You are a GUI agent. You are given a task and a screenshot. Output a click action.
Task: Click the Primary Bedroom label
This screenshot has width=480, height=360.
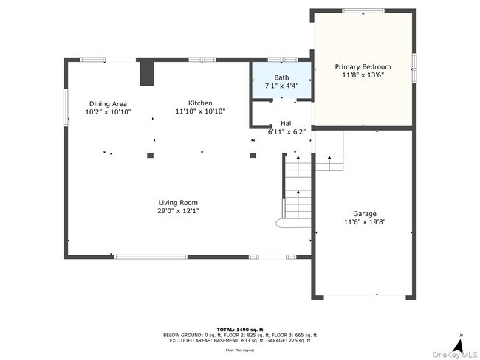(x=362, y=66)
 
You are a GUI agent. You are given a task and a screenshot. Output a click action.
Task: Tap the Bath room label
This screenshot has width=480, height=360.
(x=281, y=77)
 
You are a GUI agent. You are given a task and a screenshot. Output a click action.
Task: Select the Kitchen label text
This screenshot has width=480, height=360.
(x=200, y=103)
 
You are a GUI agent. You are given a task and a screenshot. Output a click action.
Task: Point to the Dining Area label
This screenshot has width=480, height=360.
(x=108, y=104)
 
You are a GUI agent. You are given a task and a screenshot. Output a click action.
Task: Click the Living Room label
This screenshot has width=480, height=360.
(x=178, y=202)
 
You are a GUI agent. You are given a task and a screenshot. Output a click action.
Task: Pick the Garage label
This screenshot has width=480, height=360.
(x=364, y=213)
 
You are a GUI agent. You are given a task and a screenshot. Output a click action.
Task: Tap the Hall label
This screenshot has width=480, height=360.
(x=287, y=124)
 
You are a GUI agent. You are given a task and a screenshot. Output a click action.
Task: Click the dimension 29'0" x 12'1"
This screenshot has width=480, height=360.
(x=178, y=211)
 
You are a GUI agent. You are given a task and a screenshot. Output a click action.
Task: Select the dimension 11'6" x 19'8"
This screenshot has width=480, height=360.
(x=364, y=222)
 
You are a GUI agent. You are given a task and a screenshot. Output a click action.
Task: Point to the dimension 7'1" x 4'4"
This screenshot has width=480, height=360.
(x=281, y=86)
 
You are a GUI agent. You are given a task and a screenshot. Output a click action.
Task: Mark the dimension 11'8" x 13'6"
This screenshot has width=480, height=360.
(x=362, y=75)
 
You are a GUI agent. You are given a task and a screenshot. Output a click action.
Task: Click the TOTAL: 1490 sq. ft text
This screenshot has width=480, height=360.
(x=240, y=329)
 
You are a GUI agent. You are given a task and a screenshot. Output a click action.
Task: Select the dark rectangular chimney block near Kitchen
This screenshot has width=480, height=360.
(x=146, y=72)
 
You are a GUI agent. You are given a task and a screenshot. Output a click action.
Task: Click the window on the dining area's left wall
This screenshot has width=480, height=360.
(x=65, y=103)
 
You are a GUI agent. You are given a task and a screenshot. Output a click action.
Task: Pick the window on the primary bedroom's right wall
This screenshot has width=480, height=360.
(x=414, y=66)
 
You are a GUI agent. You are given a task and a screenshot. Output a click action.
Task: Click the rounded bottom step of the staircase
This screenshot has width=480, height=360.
(x=281, y=222)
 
